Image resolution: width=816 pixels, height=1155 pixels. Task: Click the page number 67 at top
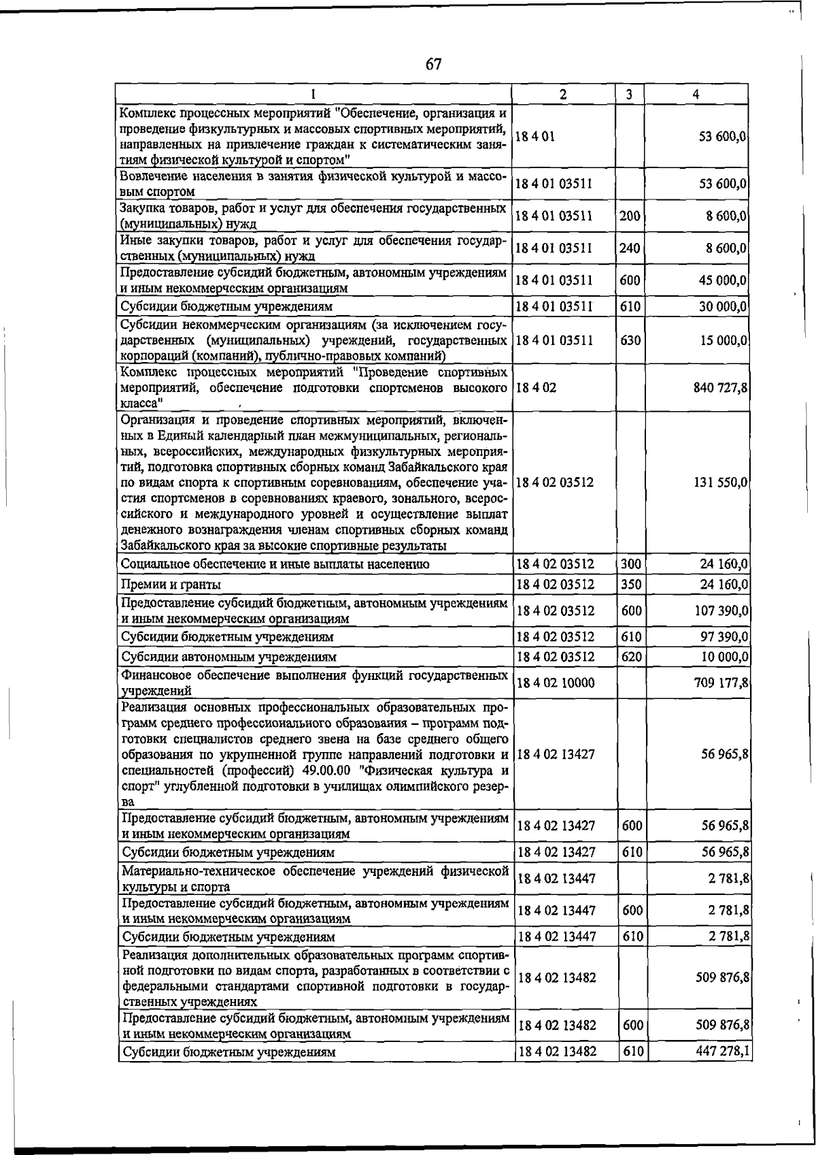pos(434,65)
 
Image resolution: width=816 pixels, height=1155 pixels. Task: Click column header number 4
pos(696,95)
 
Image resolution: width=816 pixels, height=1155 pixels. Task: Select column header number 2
pos(563,95)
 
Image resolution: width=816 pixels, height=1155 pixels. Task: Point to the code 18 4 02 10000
pos(556,683)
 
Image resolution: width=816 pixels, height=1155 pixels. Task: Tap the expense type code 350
pos(631,585)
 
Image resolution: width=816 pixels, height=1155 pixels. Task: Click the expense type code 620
pos(631,657)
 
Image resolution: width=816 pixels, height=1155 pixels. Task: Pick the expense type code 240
pos(630,248)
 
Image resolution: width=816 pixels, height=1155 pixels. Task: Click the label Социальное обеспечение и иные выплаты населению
pos(274,564)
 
